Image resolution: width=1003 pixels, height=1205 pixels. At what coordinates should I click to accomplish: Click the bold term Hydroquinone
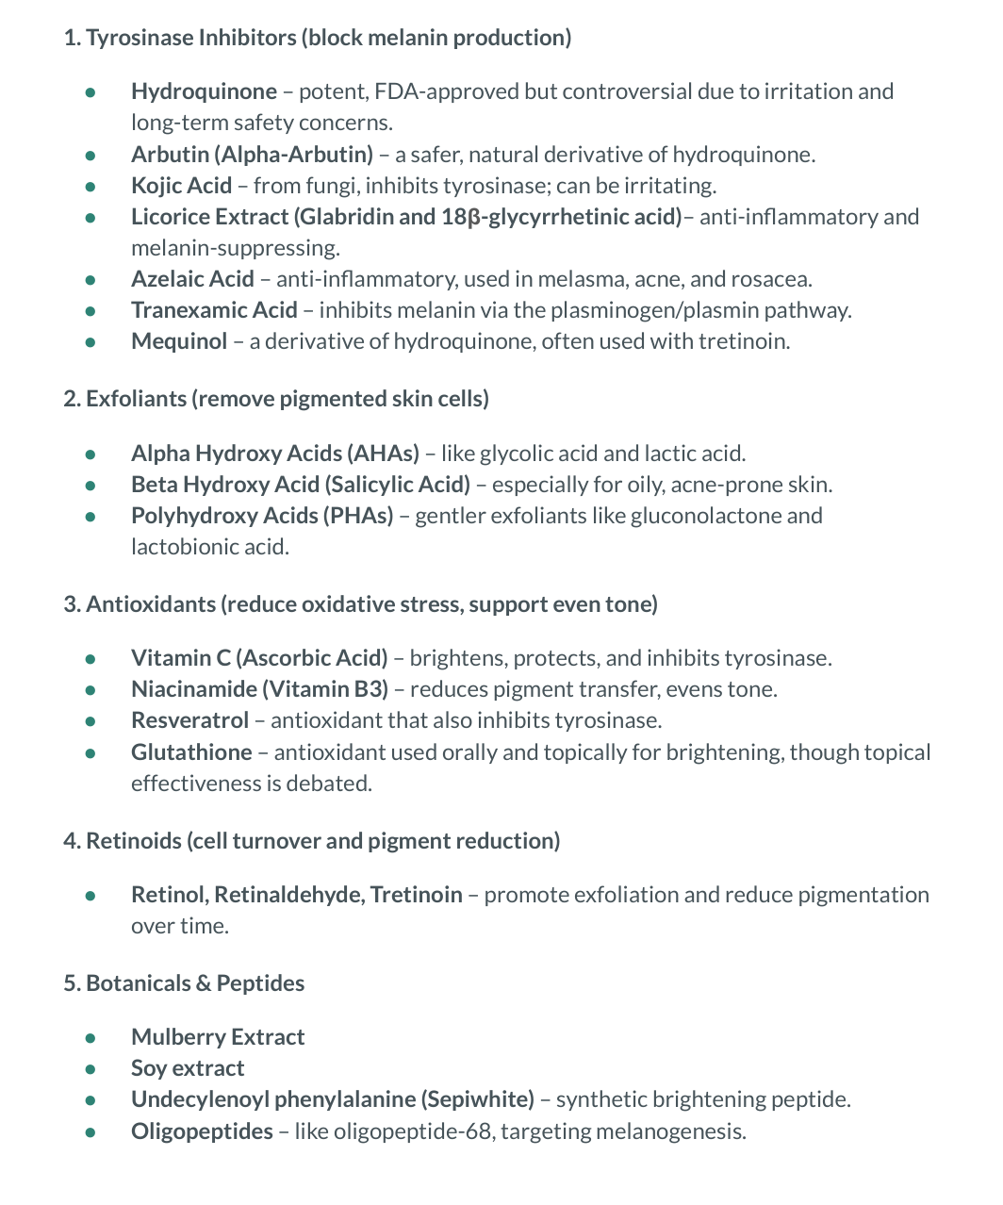(204, 91)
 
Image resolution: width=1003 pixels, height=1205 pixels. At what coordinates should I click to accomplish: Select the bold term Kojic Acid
(181, 185)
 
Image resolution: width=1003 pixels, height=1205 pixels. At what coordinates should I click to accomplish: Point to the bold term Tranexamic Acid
(214, 310)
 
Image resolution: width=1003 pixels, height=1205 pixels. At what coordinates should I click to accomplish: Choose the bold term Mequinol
(179, 341)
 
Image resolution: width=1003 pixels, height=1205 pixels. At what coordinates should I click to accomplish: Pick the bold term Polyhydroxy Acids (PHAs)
(262, 516)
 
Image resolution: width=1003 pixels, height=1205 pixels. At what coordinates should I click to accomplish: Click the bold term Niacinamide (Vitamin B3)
(259, 689)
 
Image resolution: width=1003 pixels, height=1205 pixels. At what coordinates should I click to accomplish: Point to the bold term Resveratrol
(189, 720)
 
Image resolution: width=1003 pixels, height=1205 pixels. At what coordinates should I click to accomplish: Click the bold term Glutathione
(191, 752)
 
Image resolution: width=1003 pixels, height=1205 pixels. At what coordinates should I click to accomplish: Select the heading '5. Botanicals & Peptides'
(184, 983)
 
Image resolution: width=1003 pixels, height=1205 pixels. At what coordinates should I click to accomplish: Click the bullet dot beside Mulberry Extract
(90, 1038)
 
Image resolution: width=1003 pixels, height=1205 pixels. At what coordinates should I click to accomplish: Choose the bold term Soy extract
(188, 1068)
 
